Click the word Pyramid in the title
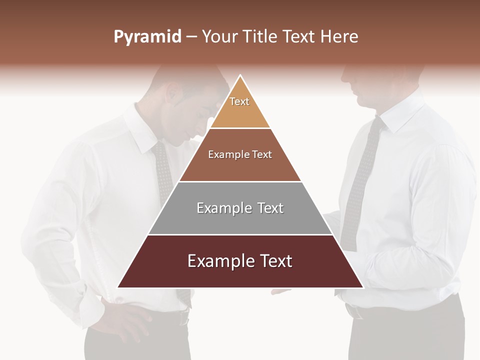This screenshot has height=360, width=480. tap(147, 37)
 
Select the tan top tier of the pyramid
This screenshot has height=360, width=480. tap(240, 112)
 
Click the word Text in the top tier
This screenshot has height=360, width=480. tap(239, 101)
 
